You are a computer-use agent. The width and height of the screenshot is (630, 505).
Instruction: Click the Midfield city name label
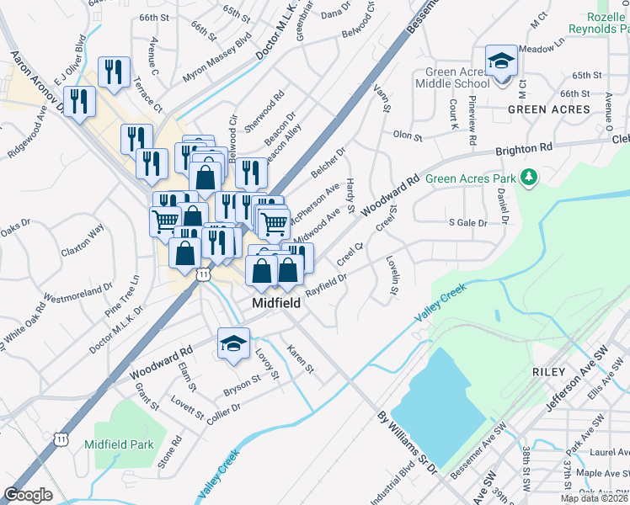[275, 303]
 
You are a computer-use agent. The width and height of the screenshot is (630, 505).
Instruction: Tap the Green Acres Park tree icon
[529, 178]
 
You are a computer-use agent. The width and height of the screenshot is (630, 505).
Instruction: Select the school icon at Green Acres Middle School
[502, 61]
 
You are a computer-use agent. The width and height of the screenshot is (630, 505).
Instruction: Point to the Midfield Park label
[119, 444]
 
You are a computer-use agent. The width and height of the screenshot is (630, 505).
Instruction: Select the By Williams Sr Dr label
[406, 439]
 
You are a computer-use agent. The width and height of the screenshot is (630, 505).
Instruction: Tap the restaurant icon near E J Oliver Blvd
[81, 102]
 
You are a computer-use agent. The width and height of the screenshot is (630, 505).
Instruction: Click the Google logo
[28, 495]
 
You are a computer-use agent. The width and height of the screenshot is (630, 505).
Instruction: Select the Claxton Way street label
[82, 241]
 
